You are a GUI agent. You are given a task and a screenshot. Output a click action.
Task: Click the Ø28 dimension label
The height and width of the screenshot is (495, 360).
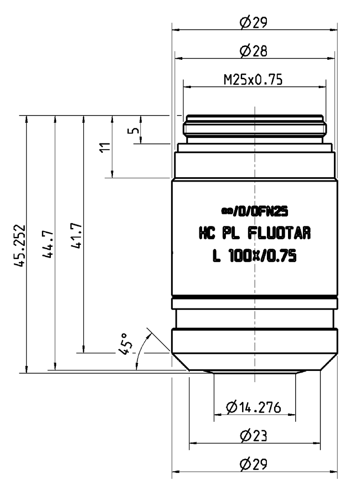click(254, 52)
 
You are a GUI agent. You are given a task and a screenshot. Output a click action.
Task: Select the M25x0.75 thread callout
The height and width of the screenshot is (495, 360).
click(253, 80)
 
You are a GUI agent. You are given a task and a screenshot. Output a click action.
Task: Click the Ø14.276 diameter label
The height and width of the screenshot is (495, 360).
click(254, 408)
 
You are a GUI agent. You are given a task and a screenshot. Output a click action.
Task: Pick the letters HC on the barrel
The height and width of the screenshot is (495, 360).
click(207, 234)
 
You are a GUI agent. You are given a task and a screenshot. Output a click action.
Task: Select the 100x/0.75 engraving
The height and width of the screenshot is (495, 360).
click(261, 257)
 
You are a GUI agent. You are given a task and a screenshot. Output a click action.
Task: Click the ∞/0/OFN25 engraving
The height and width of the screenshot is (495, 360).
click(254, 210)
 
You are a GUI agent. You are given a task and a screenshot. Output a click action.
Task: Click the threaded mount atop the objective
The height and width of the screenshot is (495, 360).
click(254, 129)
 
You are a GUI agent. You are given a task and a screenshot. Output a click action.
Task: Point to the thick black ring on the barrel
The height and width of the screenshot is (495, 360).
click(254, 299)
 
